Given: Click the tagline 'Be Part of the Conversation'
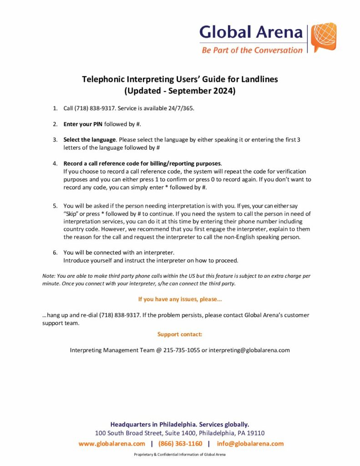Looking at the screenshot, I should coord(252,50).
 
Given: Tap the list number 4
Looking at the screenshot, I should coord(55,163).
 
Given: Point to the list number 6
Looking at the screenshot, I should coord(55,252).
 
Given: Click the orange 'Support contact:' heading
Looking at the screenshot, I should coord(180,334).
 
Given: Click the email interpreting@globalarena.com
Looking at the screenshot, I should coord(249,350).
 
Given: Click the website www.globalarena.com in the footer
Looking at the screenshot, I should coord(112,444).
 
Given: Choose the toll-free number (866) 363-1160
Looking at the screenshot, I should coord(180,444).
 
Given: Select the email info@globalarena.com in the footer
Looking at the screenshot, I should coord(250,444).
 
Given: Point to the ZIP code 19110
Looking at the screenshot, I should coord(255,433).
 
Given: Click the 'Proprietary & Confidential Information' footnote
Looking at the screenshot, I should coord(180,455).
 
